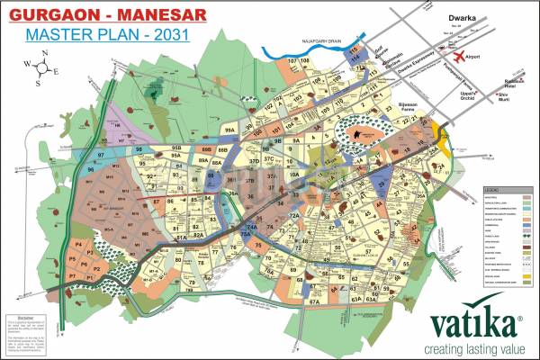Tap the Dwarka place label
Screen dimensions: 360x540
point(465,16)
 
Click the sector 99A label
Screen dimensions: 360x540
point(229,131)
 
